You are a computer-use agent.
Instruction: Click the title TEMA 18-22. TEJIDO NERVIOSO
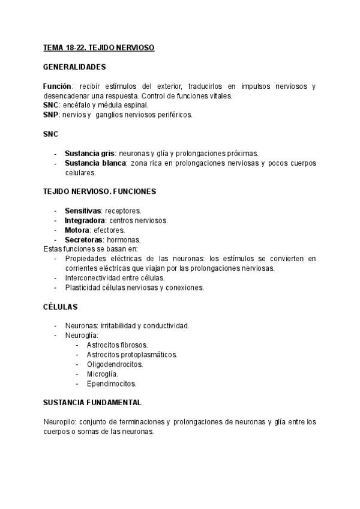[99, 47]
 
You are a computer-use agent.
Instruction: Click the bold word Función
[57, 86]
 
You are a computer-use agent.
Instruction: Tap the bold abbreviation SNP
[51, 115]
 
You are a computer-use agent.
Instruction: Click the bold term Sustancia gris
[89, 153]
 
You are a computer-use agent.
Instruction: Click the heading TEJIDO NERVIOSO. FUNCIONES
[100, 191]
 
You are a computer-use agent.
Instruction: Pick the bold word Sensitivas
[83, 211]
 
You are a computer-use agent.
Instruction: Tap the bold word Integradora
[85, 220]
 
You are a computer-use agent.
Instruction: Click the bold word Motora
[77, 230]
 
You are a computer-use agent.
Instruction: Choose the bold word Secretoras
[83, 239]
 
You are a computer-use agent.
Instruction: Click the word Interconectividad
[94, 277]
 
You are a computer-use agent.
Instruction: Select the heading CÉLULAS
[60, 306]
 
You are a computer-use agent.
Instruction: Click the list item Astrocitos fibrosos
[117, 345]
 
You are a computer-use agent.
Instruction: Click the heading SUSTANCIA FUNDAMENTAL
[92, 402]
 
